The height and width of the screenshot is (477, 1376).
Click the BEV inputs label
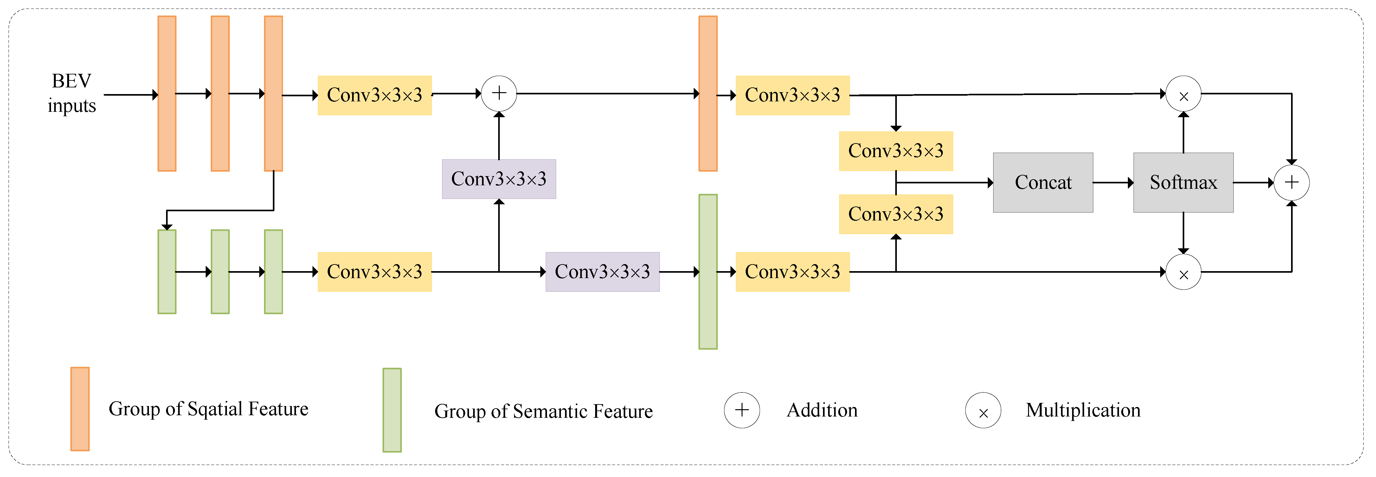point(72,93)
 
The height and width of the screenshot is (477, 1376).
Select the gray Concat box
point(1042,183)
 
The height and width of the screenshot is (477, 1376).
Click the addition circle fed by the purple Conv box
point(498,93)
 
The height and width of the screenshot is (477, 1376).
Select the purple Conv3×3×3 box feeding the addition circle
point(498,179)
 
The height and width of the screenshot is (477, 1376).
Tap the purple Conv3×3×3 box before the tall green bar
point(602,272)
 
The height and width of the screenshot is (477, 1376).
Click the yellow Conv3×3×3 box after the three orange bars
point(375,95)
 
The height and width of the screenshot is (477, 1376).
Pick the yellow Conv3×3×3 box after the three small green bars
point(375,272)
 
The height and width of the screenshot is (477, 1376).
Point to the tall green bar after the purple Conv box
point(707,272)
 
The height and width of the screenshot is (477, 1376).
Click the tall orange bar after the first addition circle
point(707,93)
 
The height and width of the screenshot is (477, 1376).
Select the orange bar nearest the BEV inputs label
point(167,93)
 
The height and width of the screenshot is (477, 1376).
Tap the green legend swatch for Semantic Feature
point(392,410)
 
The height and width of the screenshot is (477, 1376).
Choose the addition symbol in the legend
point(742,410)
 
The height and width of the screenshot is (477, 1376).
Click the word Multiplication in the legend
point(1083,410)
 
